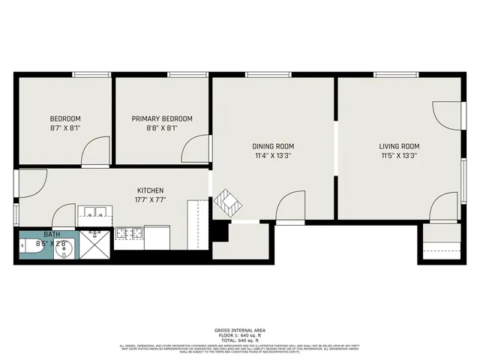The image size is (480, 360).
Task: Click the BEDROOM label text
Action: click(x=65, y=118)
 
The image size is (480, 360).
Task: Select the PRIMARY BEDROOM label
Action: click(x=162, y=118)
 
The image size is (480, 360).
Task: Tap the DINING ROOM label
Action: click(x=274, y=146)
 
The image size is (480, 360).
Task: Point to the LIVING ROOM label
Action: click(x=398, y=146)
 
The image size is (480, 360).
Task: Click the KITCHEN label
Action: click(x=150, y=190)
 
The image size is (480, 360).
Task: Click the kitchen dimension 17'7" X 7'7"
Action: click(x=150, y=200)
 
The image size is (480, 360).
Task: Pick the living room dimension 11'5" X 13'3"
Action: click(x=398, y=156)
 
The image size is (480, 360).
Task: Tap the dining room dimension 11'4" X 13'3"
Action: click(x=274, y=156)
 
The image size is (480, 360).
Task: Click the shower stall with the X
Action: click(x=95, y=245)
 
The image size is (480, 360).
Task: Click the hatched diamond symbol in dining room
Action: click(x=226, y=203)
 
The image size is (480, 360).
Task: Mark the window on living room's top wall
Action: click(x=397, y=74)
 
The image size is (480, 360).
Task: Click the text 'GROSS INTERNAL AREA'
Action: click(x=239, y=330)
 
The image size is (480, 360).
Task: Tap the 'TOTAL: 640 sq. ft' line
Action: click(x=239, y=340)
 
